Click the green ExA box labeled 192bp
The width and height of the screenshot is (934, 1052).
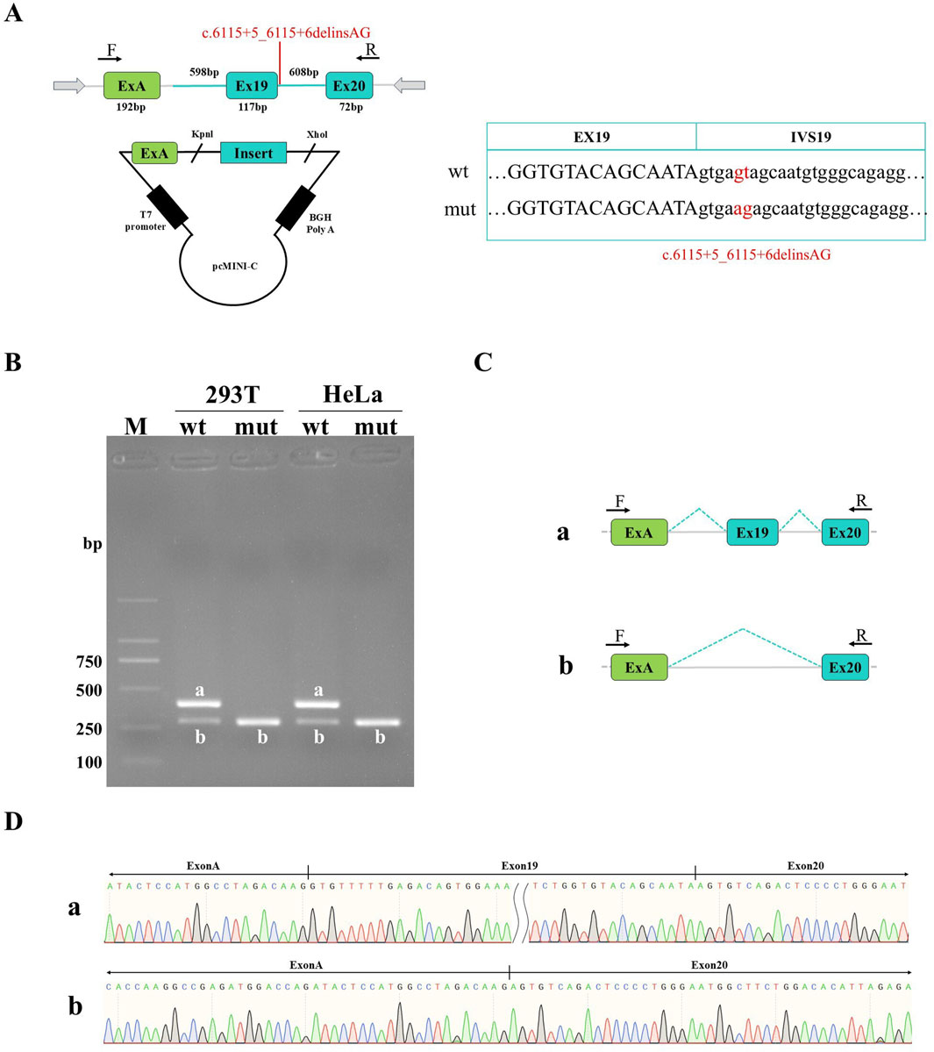pos(132,85)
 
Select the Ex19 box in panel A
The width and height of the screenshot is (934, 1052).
pos(253,86)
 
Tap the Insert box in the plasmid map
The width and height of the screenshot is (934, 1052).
pos(253,154)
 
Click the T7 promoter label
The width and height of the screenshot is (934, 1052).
pos(145,221)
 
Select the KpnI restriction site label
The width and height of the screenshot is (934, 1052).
pos(202,135)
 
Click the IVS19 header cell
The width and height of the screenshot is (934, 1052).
pos(810,137)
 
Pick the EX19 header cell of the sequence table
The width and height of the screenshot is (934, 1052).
pos(591,137)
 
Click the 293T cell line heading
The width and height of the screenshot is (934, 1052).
pos(232,395)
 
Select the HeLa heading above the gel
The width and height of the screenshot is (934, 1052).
pos(353,395)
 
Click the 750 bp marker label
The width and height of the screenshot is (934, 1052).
pos(89,662)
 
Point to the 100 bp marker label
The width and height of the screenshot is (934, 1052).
pos(89,762)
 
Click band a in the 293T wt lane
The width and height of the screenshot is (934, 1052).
pos(200,704)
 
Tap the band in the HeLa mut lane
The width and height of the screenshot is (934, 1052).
pos(376,723)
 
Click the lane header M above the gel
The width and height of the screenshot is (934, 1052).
pos(136,426)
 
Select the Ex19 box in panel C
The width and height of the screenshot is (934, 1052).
pos(752,533)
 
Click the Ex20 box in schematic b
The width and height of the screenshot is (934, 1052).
pos(845,668)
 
